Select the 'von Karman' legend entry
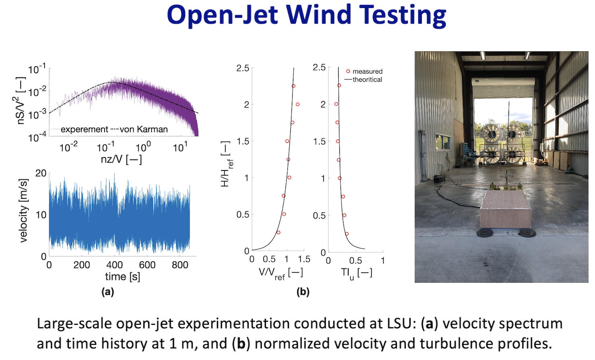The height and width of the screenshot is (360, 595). tap(144, 130)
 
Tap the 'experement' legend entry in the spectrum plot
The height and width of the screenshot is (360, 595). tap(84, 130)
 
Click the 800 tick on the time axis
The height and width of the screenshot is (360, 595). tap(180, 265)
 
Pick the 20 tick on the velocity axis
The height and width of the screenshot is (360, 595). tap(41, 173)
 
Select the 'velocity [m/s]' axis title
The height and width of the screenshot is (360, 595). tap(24, 210)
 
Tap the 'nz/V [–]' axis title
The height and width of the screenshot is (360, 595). tap(121, 159)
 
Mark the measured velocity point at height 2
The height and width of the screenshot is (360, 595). tap(297, 105)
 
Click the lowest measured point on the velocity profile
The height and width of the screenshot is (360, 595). tap(278, 232)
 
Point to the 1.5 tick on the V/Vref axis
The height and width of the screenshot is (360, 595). tap(304, 259)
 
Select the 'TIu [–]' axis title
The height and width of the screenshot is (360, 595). tap(356, 273)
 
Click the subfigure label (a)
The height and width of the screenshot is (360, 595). tap(107, 292)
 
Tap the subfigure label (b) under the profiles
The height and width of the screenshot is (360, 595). tap(303, 292)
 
